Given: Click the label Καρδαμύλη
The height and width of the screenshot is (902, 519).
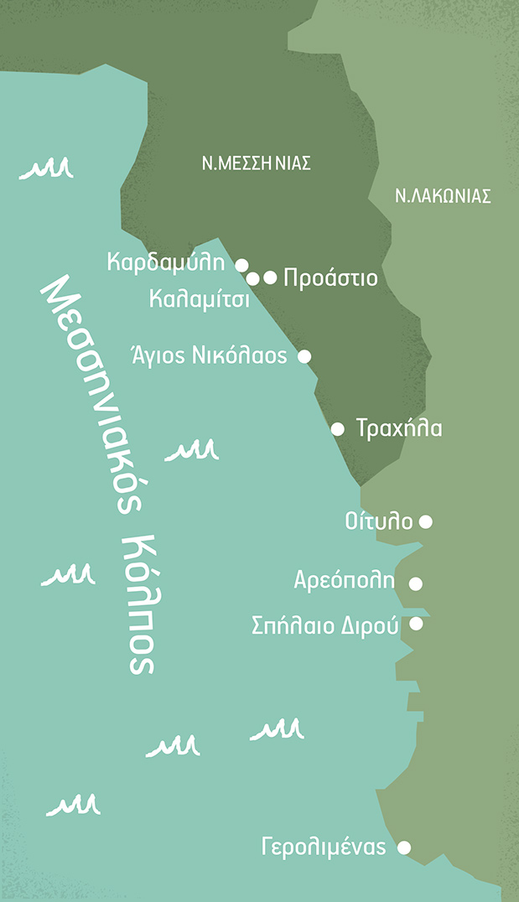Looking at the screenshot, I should click(167, 262).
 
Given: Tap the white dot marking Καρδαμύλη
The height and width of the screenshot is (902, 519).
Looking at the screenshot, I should click(241, 265).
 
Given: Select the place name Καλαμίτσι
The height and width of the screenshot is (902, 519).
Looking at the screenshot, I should click(200, 298).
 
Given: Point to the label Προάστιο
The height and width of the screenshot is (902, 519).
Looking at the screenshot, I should click(330, 277).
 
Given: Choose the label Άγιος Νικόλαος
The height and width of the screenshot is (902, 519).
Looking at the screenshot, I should click(210, 355).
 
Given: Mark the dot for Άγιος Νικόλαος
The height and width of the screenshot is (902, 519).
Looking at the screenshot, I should click(304, 356).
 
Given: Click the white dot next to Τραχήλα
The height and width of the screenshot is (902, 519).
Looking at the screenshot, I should click(338, 429).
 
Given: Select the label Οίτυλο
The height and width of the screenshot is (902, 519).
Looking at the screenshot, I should click(379, 521).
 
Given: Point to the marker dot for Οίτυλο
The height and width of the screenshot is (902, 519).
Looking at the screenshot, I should click(425, 521).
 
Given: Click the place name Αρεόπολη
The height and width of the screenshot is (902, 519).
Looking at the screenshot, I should click(345, 580).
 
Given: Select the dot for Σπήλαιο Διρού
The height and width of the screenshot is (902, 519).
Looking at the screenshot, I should click(416, 624).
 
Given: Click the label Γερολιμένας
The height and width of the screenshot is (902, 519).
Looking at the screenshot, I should click(324, 847).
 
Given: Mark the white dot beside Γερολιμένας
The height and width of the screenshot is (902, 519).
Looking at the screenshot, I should click(404, 848).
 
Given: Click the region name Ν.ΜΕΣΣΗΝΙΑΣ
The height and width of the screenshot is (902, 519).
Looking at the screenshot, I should click(256, 163).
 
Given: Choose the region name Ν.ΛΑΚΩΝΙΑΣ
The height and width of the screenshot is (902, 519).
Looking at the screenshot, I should click(442, 196).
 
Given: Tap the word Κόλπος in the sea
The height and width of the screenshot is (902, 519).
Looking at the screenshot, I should click(140, 600).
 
